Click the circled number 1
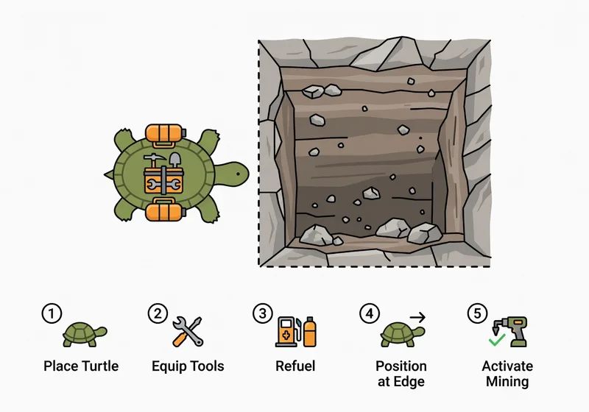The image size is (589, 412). coord(51,314)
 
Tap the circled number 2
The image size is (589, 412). coord(158,314)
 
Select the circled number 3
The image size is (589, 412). coord(263,314)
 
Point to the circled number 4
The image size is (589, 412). coord(369,314)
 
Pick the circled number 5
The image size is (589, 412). coord(476,314)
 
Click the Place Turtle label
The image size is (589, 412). coord(81,366)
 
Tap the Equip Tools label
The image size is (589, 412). coord(188,366)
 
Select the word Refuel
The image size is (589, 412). coord(295,366)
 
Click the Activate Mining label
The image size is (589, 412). coord(507,374)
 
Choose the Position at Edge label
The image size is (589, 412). coord(401,374)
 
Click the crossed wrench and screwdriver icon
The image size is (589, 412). coord(188,332)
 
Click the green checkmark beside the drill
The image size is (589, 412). coord(497,341)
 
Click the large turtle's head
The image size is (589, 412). coord(234,174)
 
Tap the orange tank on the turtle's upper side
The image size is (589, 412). coord(163,133)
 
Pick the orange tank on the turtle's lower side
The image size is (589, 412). coord(163,212)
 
